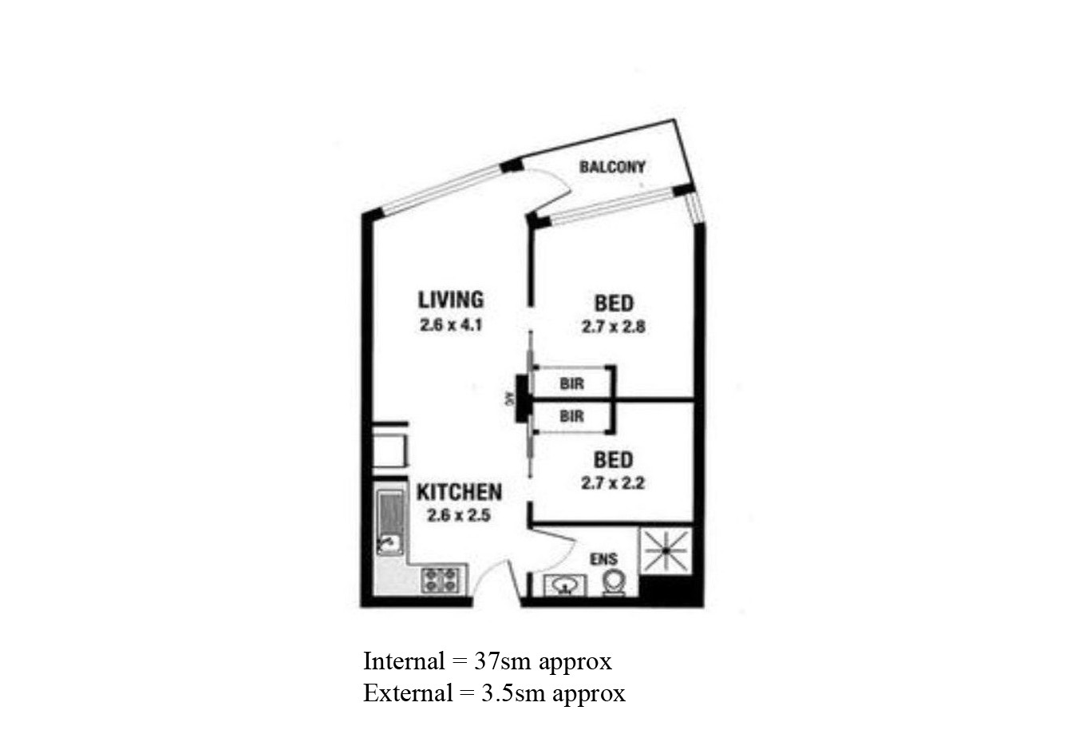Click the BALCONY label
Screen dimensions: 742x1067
pyautogui.click(x=612, y=168)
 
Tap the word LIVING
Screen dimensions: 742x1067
pyautogui.click(x=451, y=300)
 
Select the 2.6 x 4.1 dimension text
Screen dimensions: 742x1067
pyautogui.click(x=451, y=325)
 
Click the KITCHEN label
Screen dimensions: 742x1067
pyautogui.click(x=459, y=492)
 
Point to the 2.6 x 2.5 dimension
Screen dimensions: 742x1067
pyautogui.click(x=459, y=515)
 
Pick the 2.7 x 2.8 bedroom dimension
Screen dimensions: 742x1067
pyautogui.click(x=613, y=327)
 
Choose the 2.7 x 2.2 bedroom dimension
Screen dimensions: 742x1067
pyautogui.click(x=613, y=482)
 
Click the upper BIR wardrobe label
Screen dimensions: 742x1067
pyautogui.click(x=571, y=383)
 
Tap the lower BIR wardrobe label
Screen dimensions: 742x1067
pyautogui.click(x=571, y=416)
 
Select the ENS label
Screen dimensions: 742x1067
pyautogui.click(x=603, y=560)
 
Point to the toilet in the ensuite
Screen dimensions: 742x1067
pyautogui.click(x=613, y=582)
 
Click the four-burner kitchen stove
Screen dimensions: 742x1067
pyautogui.click(x=441, y=579)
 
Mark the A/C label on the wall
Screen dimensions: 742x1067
pyautogui.click(x=508, y=399)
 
